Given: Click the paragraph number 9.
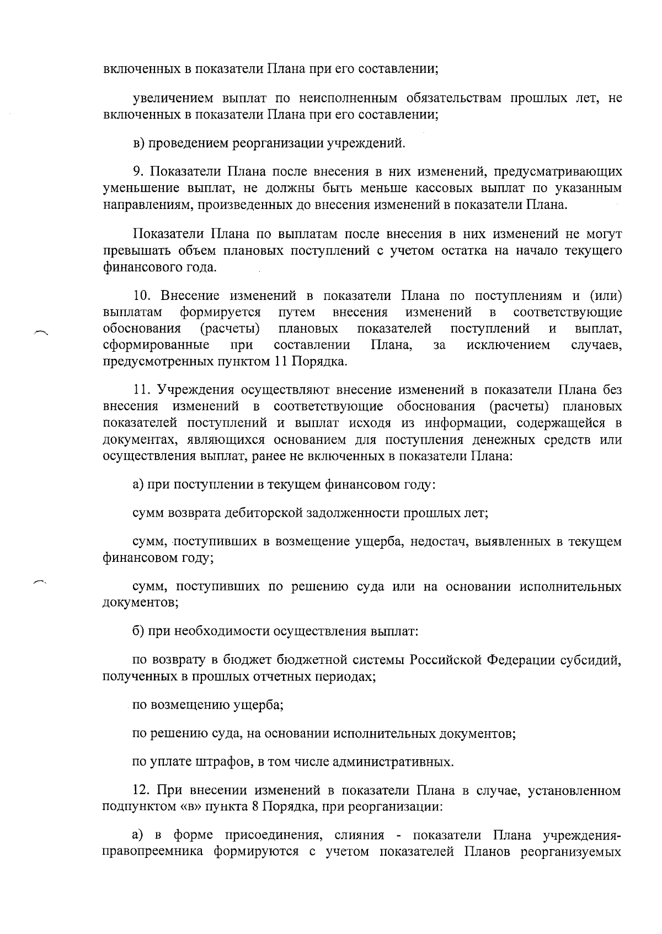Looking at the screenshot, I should [138, 171].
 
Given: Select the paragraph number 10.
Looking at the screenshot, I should [142, 296].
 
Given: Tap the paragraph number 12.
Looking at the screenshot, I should [142, 791].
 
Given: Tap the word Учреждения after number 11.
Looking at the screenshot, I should [196, 390].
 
